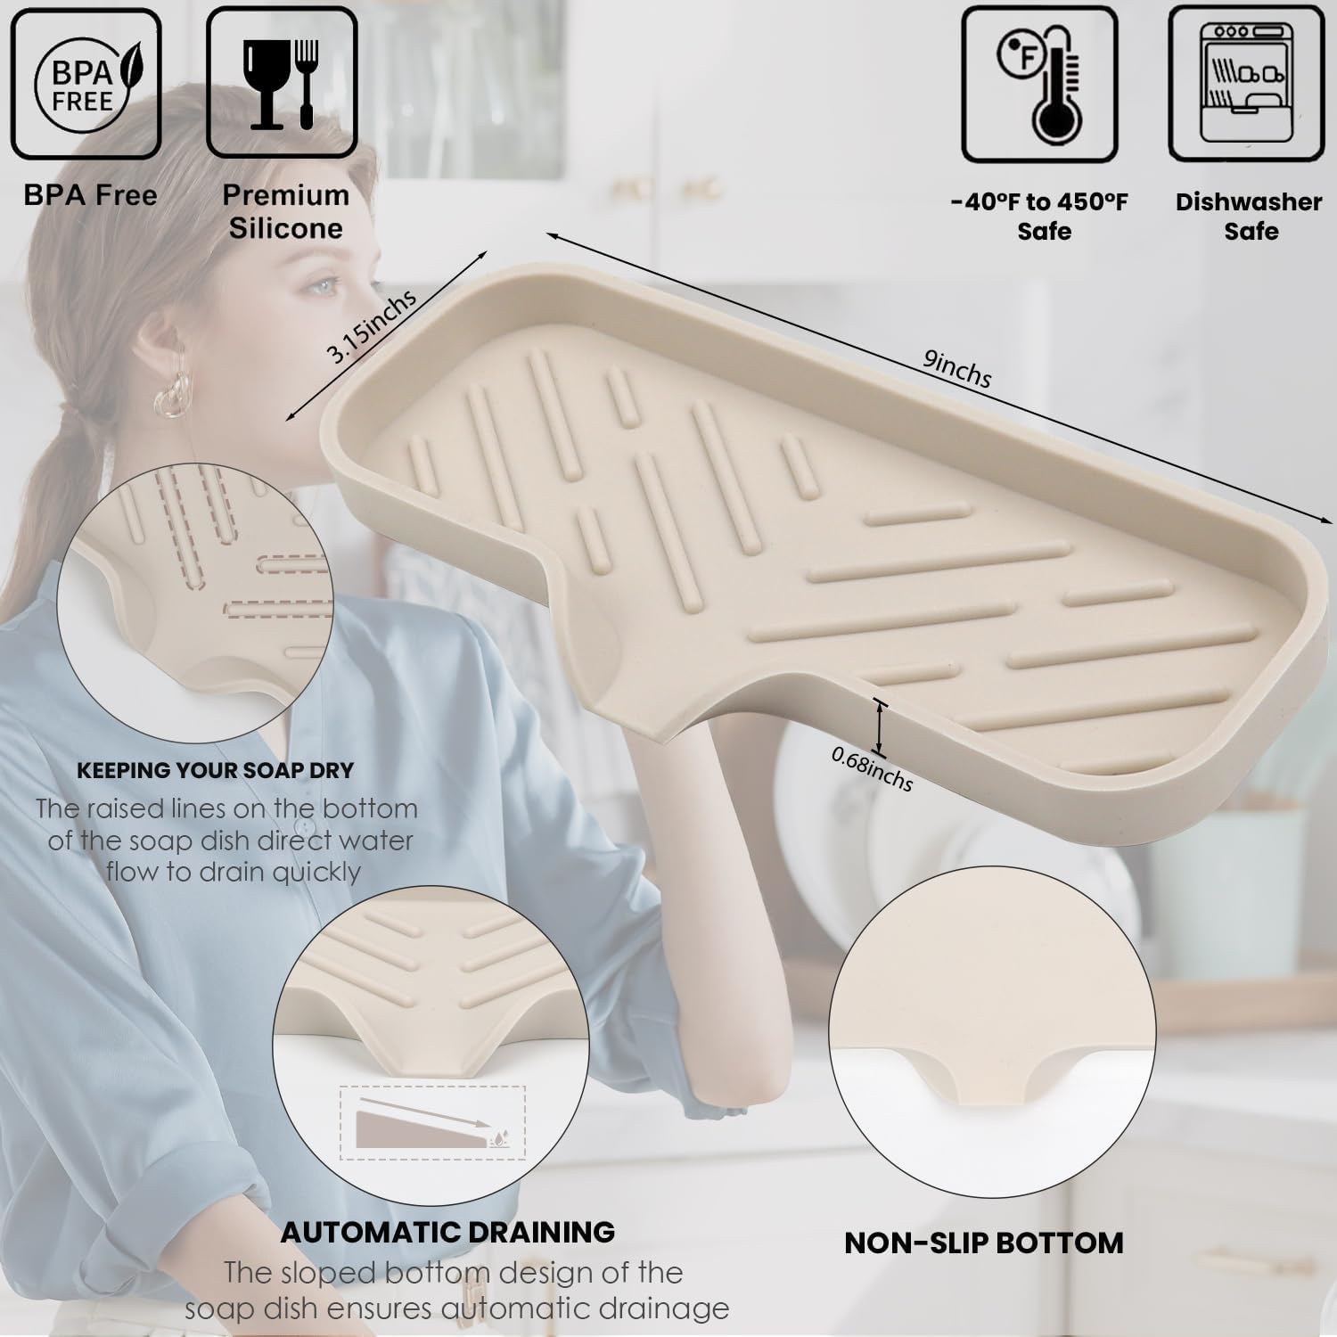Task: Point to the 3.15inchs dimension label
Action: coord(372,326)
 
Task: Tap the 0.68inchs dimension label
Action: coord(873,768)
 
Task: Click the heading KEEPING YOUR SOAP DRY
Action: coord(216,770)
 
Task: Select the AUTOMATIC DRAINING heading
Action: coord(448,1232)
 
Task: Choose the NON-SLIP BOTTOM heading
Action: coord(984,1243)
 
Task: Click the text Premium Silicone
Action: coord(285,211)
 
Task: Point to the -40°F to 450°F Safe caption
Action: coord(1039,216)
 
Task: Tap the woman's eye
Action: coord(324,288)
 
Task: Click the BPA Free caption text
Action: coord(90,195)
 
